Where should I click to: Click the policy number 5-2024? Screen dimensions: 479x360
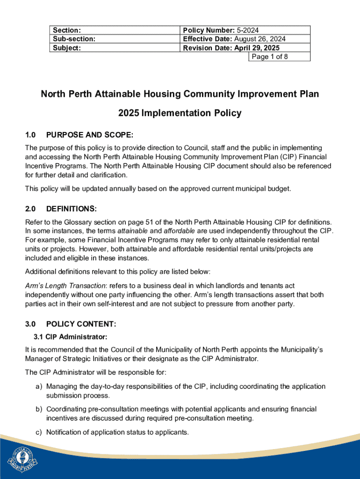259,30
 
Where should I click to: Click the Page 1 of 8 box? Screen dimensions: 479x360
279,57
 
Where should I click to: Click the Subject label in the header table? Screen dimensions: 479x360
67,48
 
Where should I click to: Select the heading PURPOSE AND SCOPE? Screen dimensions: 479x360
90,135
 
